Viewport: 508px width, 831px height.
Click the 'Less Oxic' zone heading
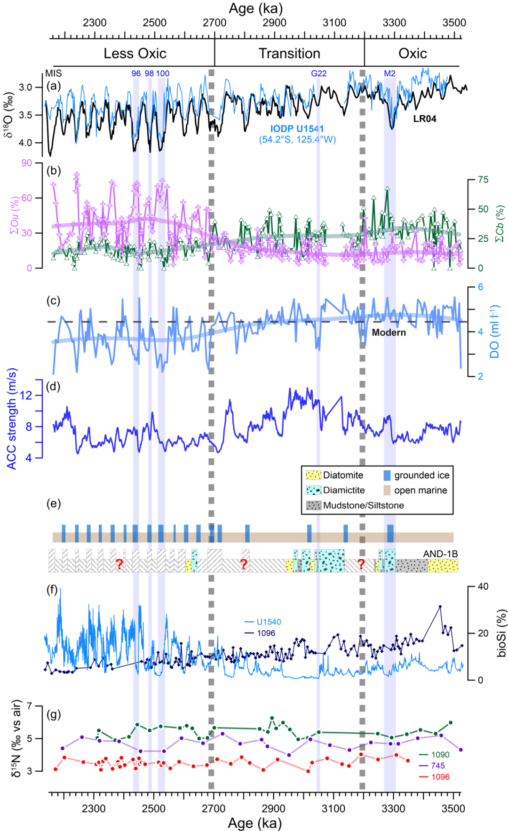pos(135,54)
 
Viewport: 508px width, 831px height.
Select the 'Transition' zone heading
pos(289,54)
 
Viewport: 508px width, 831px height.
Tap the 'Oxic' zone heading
pos(413,54)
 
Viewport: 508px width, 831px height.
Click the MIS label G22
pos(318,73)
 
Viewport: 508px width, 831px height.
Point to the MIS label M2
pos(389,73)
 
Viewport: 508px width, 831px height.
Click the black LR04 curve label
pos(425,119)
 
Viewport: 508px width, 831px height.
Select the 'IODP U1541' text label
pos(297,129)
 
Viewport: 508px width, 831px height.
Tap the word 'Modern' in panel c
pos(389,332)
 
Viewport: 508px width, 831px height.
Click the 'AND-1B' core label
pos(441,554)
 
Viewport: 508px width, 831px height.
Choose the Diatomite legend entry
pos(334,475)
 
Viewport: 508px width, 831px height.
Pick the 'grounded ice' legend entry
pos(416,475)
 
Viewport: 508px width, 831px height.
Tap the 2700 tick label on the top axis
pos(214,23)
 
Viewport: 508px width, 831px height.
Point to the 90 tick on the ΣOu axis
pos(27,163)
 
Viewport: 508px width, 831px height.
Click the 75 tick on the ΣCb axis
pos(483,180)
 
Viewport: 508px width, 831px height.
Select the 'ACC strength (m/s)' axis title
pos(12,419)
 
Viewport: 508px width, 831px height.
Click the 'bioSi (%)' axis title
pos(502,633)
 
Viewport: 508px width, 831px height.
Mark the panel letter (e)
pos(54,504)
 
